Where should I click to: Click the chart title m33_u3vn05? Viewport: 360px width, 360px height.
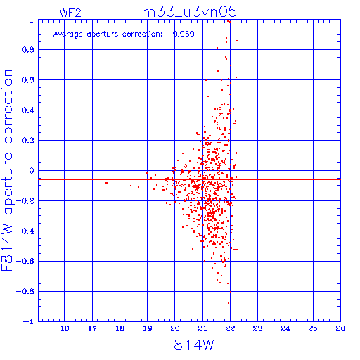pos(189,12)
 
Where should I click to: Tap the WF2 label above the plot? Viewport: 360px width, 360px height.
pos(70,13)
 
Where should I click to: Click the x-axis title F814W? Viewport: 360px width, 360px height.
pos(190,345)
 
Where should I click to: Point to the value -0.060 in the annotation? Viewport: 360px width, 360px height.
pos(181,34)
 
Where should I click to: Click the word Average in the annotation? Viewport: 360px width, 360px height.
pos(67,34)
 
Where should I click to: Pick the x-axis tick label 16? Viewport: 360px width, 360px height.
pos(65,328)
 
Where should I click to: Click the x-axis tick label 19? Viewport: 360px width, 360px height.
pos(148,328)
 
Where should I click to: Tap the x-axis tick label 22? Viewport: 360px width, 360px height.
pos(230,328)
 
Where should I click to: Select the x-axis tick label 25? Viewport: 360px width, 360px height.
pos(313,328)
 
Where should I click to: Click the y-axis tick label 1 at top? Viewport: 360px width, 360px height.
pos(32,20)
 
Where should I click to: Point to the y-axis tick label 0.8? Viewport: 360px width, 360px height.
pos(28,50)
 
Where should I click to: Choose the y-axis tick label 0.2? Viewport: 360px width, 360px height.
pos(28,141)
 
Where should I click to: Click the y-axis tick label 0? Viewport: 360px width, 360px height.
pos(32,171)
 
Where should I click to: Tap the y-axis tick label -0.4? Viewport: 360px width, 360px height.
pos(25,231)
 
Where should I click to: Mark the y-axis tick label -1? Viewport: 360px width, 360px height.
pos(29,321)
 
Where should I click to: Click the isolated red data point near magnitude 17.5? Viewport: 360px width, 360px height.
pos(107,183)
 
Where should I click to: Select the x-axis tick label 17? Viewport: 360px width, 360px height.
pos(92,328)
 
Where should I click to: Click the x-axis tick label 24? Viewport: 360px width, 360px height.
pos(285,328)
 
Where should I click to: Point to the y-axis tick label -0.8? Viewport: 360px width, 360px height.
pos(25,292)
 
